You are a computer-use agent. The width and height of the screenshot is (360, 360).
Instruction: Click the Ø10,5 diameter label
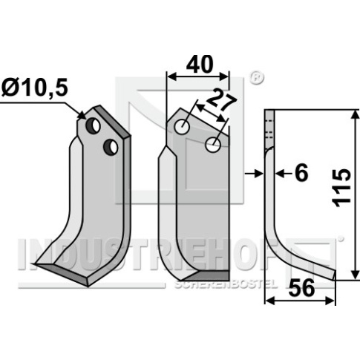[x=34, y=88]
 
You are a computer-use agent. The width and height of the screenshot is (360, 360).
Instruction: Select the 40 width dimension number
[x=200, y=64]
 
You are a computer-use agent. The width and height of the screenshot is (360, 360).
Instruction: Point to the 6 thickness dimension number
[x=301, y=173]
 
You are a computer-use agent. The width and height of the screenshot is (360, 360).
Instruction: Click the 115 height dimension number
[x=341, y=188]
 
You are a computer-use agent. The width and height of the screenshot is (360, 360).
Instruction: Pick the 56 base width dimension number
[x=301, y=288]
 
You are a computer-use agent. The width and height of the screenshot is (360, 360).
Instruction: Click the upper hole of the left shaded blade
[x=93, y=126]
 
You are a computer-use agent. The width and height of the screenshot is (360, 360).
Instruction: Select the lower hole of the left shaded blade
[x=111, y=147]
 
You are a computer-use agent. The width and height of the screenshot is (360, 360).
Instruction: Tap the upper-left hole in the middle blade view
[x=182, y=127]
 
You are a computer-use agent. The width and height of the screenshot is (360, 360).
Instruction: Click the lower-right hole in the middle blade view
[x=213, y=145]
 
